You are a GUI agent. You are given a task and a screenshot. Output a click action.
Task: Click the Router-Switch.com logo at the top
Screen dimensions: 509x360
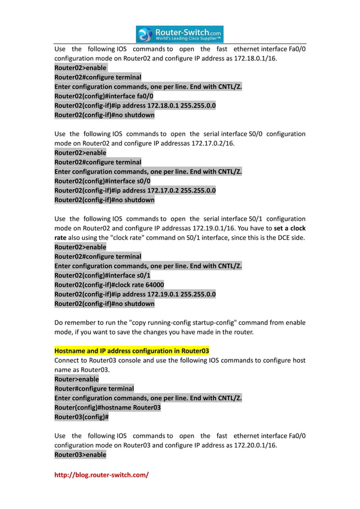click(x=180, y=34)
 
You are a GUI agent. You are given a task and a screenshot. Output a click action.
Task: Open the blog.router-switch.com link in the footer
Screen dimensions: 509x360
click(x=101, y=475)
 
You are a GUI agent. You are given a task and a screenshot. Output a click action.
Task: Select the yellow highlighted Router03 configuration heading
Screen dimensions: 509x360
click(x=131, y=350)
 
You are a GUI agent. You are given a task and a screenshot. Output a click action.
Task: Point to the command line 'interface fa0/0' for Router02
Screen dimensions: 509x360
click(x=104, y=96)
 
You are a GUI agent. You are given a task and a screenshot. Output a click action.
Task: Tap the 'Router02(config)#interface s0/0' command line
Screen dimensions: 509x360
click(x=102, y=181)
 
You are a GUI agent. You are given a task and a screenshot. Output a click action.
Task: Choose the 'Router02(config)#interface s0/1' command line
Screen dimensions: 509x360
click(x=102, y=275)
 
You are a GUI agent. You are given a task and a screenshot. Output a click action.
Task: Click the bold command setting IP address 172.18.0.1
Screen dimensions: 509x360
click(x=135, y=106)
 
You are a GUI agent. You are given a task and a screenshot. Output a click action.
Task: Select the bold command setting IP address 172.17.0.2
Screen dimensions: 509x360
click(x=135, y=191)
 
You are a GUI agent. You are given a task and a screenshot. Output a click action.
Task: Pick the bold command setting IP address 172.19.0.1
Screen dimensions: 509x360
click(x=135, y=294)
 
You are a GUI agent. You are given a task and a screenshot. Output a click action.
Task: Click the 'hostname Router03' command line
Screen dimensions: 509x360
click(x=107, y=407)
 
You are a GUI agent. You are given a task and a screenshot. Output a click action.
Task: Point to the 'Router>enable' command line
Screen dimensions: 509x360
click(x=76, y=379)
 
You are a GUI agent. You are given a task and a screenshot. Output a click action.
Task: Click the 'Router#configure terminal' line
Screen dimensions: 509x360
click(x=94, y=388)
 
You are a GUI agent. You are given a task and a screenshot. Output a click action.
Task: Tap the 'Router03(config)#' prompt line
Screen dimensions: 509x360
click(x=81, y=417)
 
